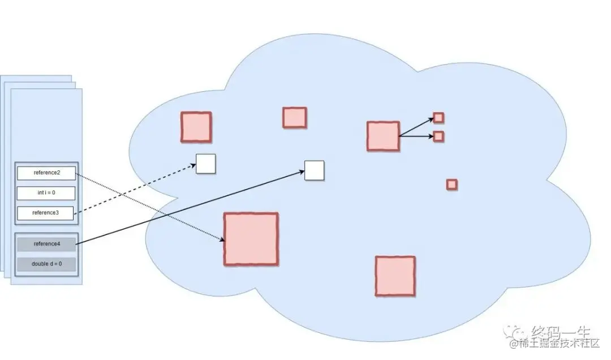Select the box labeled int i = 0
[x=46, y=193]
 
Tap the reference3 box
[x=46, y=213]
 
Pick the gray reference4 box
[x=46, y=244]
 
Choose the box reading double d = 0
[x=46, y=264]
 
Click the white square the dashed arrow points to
[x=206, y=164]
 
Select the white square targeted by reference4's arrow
[x=314, y=170]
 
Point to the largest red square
[x=251, y=239]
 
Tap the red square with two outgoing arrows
[x=383, y=136]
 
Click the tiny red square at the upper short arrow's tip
[x=438, y=118]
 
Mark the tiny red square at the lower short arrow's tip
[x=438, y=136]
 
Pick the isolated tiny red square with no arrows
[x=451, y=185]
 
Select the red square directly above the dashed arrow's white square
[x=196, y=127]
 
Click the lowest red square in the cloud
[x=395, y=276]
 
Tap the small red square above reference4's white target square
[x=294, y=118]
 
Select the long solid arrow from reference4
[x=187, y=207]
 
